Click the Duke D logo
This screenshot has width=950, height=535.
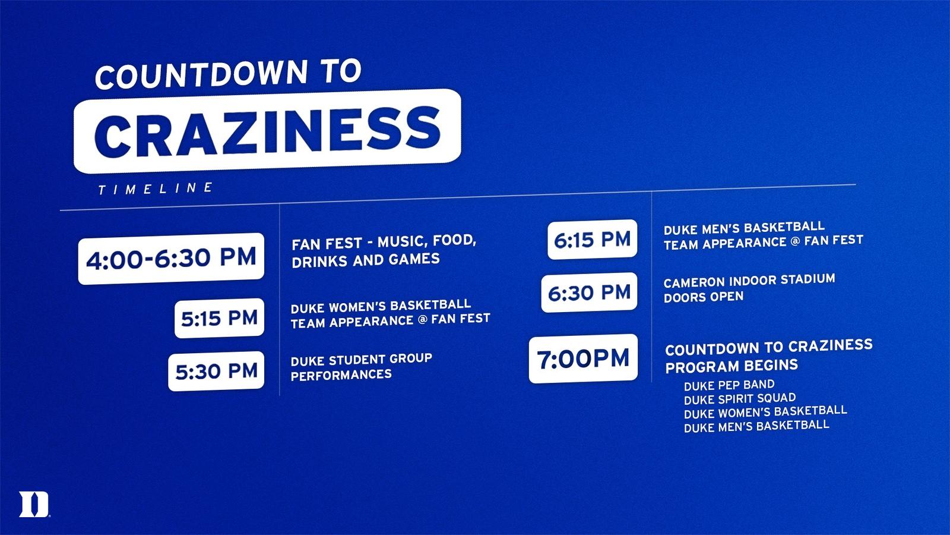[x=34, y=505]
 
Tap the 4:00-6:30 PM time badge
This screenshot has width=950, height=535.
[x=171, y=259]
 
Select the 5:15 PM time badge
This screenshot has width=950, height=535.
[x=219, y=318]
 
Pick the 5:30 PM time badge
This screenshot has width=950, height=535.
[x=216, y=371]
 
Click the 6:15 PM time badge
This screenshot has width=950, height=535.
[x=593, y=240]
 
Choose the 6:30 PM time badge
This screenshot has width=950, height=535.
[x=589, y=292]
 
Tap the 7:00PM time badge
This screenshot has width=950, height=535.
[x=583, y=358]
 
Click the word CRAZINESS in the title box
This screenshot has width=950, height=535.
[x=268, y=130]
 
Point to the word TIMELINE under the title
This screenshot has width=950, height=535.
[x=155, y=188]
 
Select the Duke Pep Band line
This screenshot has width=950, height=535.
[x=729, y=385]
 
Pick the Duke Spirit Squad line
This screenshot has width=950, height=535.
[x=740, y=399]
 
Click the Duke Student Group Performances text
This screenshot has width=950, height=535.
[x=362, y=367]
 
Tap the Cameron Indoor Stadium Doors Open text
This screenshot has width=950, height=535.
[x=749, y=288]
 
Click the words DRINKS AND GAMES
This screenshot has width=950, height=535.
[x=366, y=260]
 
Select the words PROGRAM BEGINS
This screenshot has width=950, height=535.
[x=731, y=366]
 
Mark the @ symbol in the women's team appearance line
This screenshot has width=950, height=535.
[x=422, y=320]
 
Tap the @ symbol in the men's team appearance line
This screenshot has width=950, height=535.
[x=796, y=241]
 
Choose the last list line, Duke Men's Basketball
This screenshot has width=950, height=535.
[x=756, y=426]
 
